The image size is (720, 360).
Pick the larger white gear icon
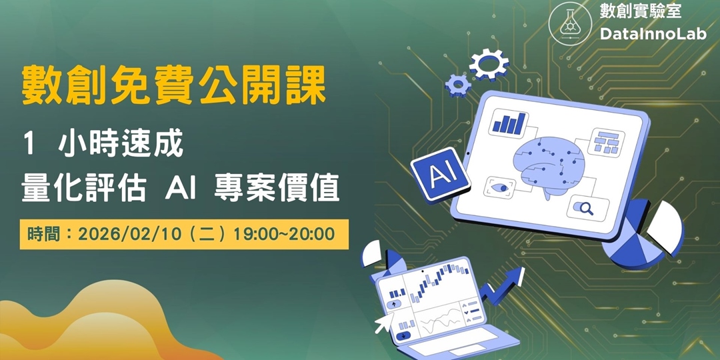489,65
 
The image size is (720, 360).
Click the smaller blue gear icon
457,83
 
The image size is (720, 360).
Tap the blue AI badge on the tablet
437,175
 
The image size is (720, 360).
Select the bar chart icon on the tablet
509,122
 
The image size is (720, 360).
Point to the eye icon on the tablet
500,185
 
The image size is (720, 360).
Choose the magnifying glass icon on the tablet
587,207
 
